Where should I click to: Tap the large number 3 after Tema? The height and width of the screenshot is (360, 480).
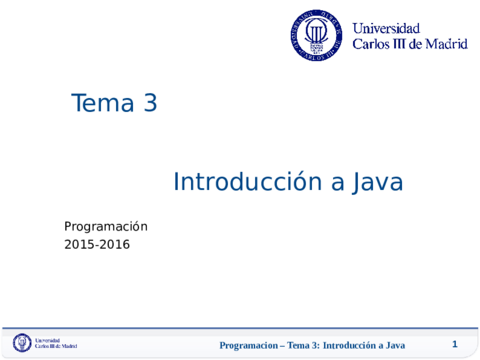tap(150, 103)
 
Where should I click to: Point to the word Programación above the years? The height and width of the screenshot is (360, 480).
tap(106, 227)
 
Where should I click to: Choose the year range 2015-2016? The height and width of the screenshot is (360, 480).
tap(97, 244)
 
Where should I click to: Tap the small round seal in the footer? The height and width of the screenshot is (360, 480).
tap(22, 344)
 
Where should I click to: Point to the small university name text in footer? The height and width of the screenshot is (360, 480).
tap(56, 344)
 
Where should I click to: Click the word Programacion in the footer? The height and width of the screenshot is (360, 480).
tap(251, 345)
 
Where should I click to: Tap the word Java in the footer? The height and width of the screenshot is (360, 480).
tap(405, 345)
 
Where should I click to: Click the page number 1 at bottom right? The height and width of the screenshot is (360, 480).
tap(454, 344)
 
